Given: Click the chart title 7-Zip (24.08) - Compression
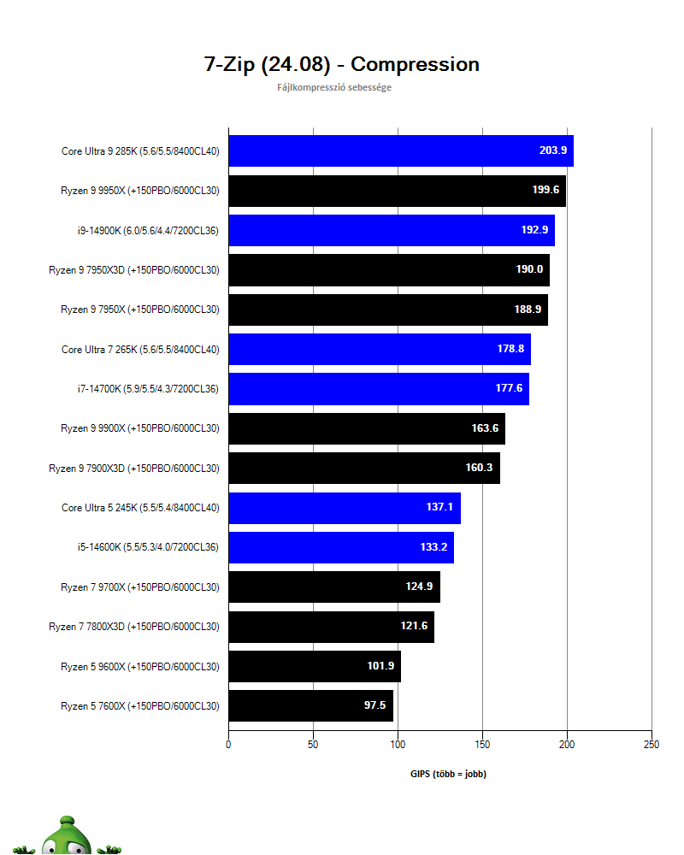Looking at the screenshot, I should (x=341, y=64).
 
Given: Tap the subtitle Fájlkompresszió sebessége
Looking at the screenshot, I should (x=334, y=87).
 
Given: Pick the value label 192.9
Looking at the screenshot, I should (x=534, y=230).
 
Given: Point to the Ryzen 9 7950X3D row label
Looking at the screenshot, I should (x=133, y=269).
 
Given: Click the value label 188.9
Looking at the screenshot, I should (x=528, y=310).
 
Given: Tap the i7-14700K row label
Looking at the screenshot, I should (x=147, y=388).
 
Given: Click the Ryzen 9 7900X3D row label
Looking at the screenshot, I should (x=133, y=468).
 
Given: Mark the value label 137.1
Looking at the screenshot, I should (x=439, y=507).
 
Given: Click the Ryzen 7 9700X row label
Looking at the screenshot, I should (x=139, y=587).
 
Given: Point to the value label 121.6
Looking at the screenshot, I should (x=414, y=626).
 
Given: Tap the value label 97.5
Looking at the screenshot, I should (x=375, y=705).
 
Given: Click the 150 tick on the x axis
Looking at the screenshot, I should (x=482, y=745).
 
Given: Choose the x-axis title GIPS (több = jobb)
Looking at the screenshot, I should (x=448, y=774).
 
